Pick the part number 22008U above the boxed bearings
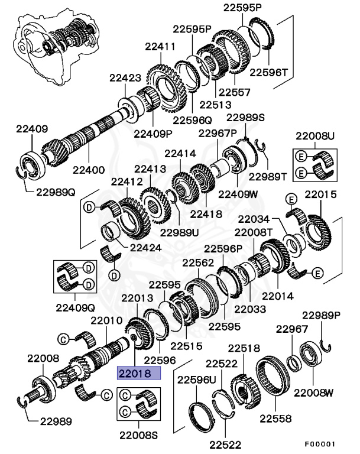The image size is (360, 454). [315, 137]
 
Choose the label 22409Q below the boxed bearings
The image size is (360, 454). [75, 307]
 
